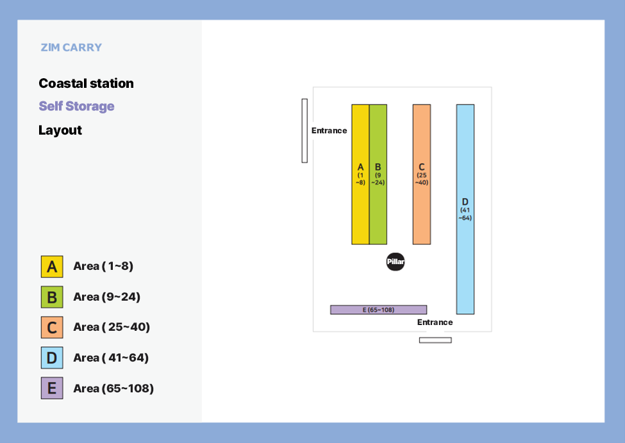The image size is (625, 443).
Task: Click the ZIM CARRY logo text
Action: click(71, 47)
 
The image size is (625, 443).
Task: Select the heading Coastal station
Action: click(86, 83)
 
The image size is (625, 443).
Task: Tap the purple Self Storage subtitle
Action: click(76, 106)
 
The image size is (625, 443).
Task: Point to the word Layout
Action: click(60, 130)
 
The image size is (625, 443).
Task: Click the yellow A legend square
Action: click(52, 266)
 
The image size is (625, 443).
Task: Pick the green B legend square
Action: click(52, 297)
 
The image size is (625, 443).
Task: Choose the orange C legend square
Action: click(52, 328)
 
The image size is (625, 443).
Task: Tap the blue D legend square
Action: click(52, 358)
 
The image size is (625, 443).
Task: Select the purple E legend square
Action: click(52, 388)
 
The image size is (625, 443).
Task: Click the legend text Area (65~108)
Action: click(113, 389)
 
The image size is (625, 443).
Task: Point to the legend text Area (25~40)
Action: click(112, 327)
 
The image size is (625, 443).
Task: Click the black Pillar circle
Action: click(396, 262)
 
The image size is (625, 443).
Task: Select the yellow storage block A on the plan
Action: click(360, 174)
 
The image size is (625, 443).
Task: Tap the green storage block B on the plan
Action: click(378, 174)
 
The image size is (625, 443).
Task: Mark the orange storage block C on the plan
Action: click(422, 174)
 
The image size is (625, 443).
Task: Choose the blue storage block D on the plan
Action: click(465, 210)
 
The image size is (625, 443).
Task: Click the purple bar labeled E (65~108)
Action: click(379, 310)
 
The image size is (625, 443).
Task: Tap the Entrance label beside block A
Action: click(329, 131)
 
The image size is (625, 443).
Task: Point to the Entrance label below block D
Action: click(435, 322)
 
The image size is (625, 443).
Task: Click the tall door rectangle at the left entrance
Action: click(304, 131)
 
